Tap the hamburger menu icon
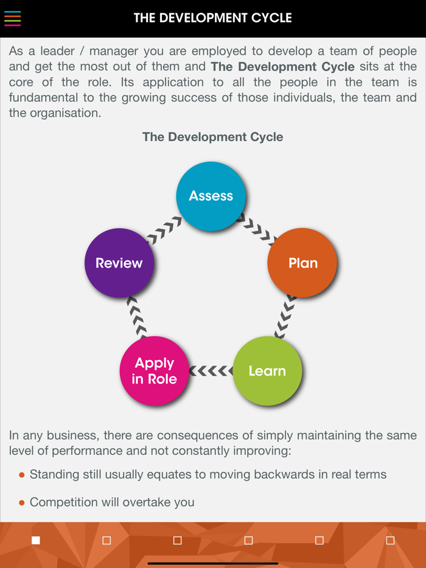click(13, 18)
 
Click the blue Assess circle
click(211, 196)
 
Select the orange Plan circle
click(302, 263)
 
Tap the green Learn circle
click(267, 371)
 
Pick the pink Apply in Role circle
click(154, 371)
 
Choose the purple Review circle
click(119, 263)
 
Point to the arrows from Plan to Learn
click(285, 316)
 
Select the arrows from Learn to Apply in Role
click(211, 371)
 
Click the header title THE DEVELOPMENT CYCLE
click(213, 18)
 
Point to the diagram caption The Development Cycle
click(212, 137)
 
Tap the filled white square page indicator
click(36, 540)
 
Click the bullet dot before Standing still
click(22, 475)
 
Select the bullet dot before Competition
click(22, 503)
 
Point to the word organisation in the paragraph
click(65, 113)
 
